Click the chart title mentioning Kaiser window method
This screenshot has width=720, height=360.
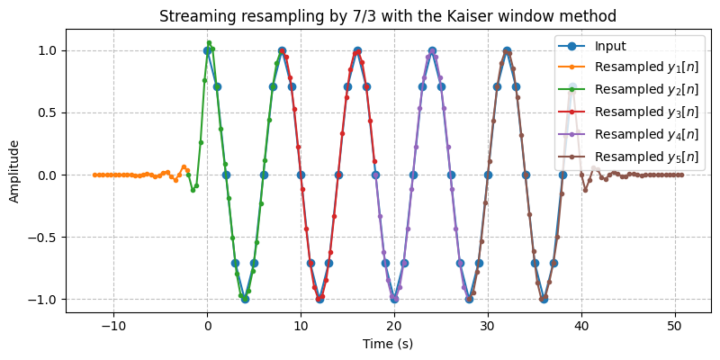pyautogui.click(x=387, y=15)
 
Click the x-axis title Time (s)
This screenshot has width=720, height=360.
pyautogui.click(x=387, y=344)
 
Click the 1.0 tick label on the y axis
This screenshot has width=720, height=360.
pyautogui.click(x=45, y=50)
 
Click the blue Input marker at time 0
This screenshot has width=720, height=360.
pyautogui.click(x=207, y=50)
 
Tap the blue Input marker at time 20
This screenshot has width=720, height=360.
pyautogui.click(x=394, y=299)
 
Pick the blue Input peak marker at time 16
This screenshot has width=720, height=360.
pyautogui.click(x=357, y=50)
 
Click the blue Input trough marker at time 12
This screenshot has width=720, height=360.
pyautogui.click(x=319, y=299)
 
